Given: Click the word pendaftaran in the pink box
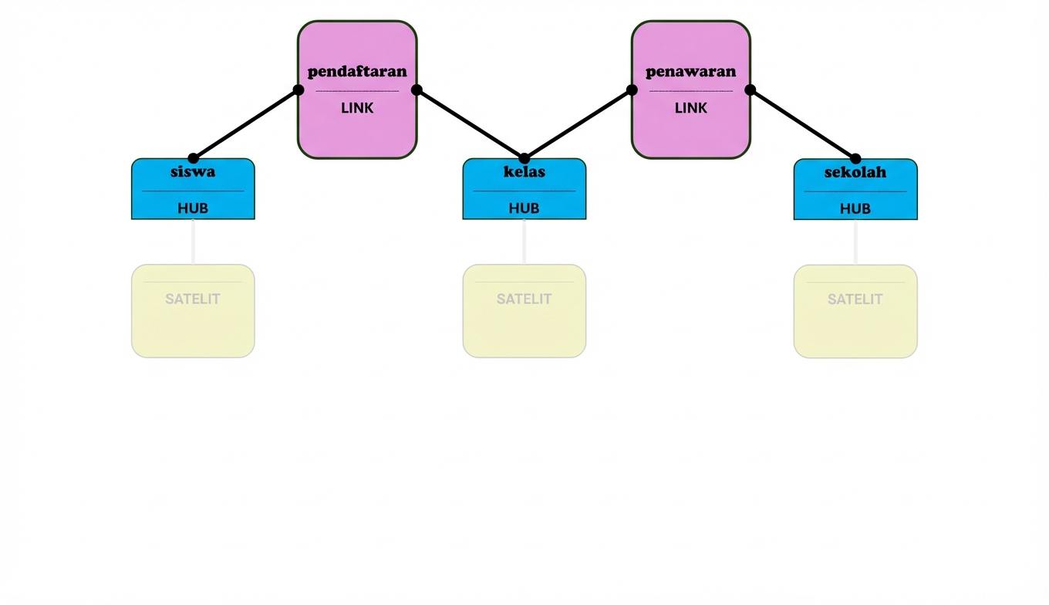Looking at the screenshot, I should tap(357, 72).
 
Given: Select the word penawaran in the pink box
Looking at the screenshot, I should tap(690, 72).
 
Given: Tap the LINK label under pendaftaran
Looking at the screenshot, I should tap(357, 108).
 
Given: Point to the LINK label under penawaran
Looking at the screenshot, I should tap(690, 108).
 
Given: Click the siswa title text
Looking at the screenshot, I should tap(193, 171).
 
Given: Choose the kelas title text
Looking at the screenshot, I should tap(524, 171).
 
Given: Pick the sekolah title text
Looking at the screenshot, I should tap(855, 171).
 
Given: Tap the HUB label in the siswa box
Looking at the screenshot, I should tap(193, 208).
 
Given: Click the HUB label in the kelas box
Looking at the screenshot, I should tap(524, 208).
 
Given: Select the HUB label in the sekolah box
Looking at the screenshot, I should tap(855, 208).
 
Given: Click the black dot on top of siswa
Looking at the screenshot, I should tap(193, 158).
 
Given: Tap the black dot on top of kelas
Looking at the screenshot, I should tap(524, 158).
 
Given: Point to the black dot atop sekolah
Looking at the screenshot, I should tap(855, 158).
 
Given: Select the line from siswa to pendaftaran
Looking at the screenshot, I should tap(245, 124).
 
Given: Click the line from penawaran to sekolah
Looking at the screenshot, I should tap(802, 124).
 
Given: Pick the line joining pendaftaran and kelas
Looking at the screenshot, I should tap(471, 124).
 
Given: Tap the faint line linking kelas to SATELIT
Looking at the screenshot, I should tap(524, 242).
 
